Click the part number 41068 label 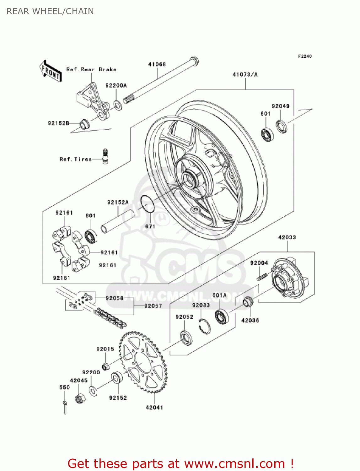click(x=157, y=64)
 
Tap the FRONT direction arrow click(x=51, y=71)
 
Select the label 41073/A click(x=245, y=74)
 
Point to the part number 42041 click(x=154, y=408)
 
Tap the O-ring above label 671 click(x=147, y=204)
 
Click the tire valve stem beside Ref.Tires click(x=105, y=156)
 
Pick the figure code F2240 click(x=305, y=56)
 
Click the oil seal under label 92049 click(x=282, y=126)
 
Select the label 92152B click(x=58, y=123)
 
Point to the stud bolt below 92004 click(x=262, y=277)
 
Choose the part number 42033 click(x=287, y=237)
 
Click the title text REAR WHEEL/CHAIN click(x=50, y=11)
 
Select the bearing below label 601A click(x=222, y=317)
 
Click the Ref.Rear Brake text click(x=91, y=69)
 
